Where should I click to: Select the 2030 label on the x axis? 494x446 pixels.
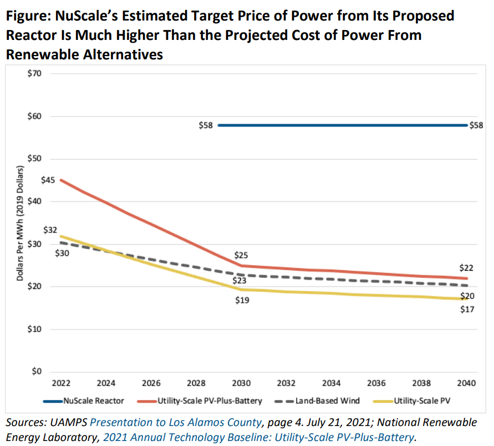pos(242,383)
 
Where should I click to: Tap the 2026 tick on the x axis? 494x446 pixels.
pos(151,383)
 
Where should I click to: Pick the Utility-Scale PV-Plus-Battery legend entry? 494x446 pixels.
pos(206,400)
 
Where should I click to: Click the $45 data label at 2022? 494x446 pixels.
pos(48,180)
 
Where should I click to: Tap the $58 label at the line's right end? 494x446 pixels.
pos(476,126)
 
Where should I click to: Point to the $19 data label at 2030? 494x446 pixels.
pos(242,301)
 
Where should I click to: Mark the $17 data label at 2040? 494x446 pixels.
pos(467,309)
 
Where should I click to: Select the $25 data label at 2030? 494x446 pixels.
pos(241,256)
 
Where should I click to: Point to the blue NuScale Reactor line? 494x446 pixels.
pos(344,125)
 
